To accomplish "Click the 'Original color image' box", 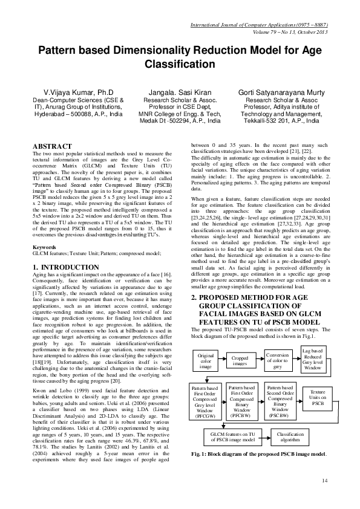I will (x=206, y=361).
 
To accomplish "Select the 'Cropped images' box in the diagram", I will (x=240, y=361).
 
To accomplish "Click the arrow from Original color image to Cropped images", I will (x=224, y=361).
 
